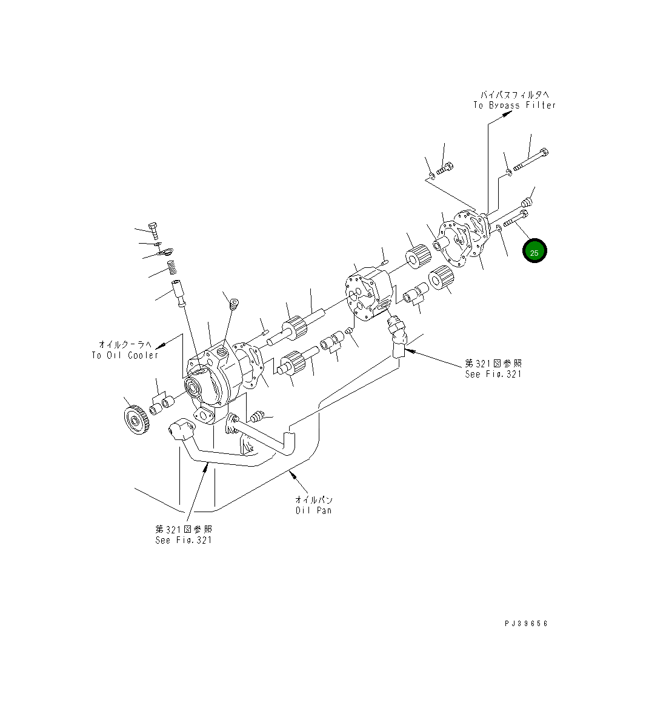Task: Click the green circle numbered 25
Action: click(x=534, y=252)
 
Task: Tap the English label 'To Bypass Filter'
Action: click(x=514, y=105)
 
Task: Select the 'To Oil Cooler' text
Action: click(x=125, y=355)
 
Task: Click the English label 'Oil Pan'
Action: click(x=313, y=510)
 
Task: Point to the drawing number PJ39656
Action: click(x=525, y=623)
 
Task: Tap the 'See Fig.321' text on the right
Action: click(x=493, y=374)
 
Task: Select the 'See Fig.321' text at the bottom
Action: click(x=183, y=540)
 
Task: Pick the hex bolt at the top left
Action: click(x=154, y=230)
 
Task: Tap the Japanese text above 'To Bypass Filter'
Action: click(x=514, y=95)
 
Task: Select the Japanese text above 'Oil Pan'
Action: click(x=313, y=500)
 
